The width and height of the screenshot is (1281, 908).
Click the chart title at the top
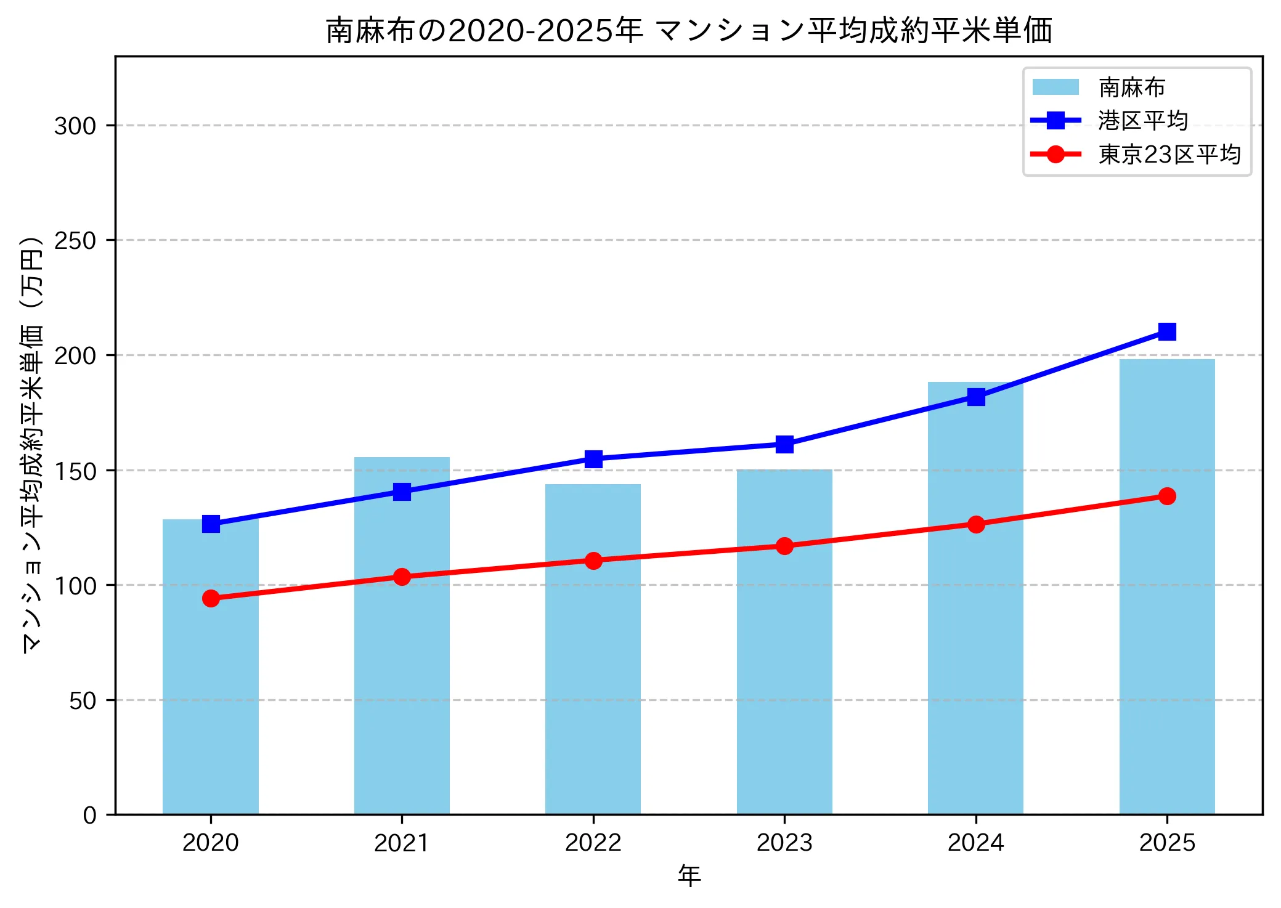coord(688,31)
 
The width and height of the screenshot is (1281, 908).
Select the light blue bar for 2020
coord(211,678)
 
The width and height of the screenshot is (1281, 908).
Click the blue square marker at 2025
coord(1166,332)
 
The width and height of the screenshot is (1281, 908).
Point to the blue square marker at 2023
coord(784,444)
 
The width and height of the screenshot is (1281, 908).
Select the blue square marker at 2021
coord(402,492)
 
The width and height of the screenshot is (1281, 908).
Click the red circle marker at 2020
coord(211,598)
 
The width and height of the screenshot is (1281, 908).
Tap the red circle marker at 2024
coord(975,524)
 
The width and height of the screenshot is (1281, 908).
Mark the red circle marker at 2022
coord(593,561)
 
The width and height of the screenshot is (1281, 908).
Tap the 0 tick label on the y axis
coord(90,816)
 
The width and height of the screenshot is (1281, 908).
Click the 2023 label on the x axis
coord(784,843)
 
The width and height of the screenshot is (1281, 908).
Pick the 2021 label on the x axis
coord(402,843)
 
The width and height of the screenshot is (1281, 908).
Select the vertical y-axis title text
coord(32,444)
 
